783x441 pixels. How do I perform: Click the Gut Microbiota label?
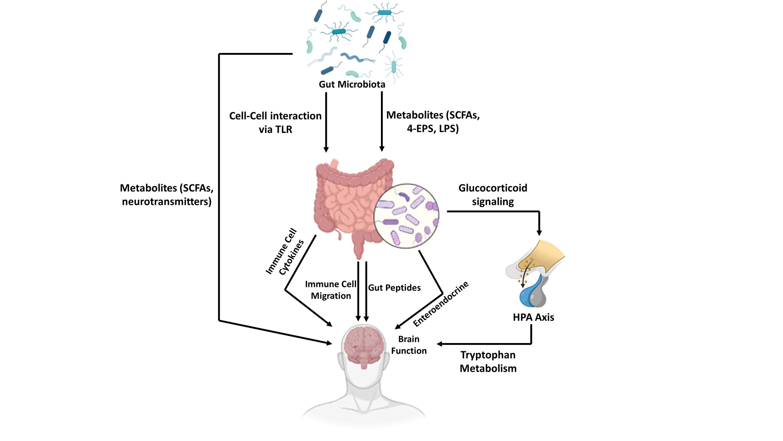coord(352,84)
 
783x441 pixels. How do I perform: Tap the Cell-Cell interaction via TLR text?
coord(275,122)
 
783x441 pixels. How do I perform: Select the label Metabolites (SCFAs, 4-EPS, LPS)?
coord(433,122)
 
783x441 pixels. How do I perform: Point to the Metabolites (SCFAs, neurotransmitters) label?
coord(167,194)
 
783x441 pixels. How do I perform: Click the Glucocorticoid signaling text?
coord(493,194)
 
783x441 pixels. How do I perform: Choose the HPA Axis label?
coord(533,317)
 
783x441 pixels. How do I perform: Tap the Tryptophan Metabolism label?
coord(488,361)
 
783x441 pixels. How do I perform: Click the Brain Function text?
coord(409,345)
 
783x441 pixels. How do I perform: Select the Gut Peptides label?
coord(394,288)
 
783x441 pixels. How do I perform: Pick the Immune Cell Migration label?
coord(331,290)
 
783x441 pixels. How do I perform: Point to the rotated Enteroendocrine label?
coord(441,304)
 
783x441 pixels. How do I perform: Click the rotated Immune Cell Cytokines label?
coord(285,252)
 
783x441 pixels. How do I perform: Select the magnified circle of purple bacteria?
coord(406,216)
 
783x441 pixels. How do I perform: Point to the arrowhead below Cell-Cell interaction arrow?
coord(326,149)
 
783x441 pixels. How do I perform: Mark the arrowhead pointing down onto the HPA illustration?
coord(539,233)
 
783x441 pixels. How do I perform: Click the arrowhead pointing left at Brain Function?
coord(440,344)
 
